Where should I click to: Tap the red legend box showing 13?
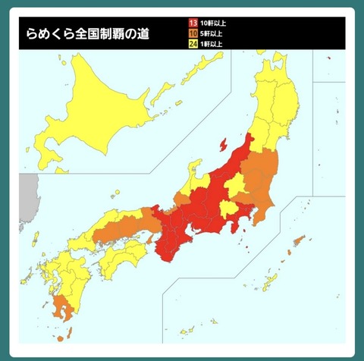[193, 23]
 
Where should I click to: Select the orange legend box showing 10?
[193, 33]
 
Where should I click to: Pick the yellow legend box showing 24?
[193, 43]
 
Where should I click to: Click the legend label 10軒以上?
[213, 23]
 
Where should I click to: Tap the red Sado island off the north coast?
[223, 143]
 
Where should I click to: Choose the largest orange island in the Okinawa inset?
[297, 242]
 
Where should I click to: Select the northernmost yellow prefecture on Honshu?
[270, 76]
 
